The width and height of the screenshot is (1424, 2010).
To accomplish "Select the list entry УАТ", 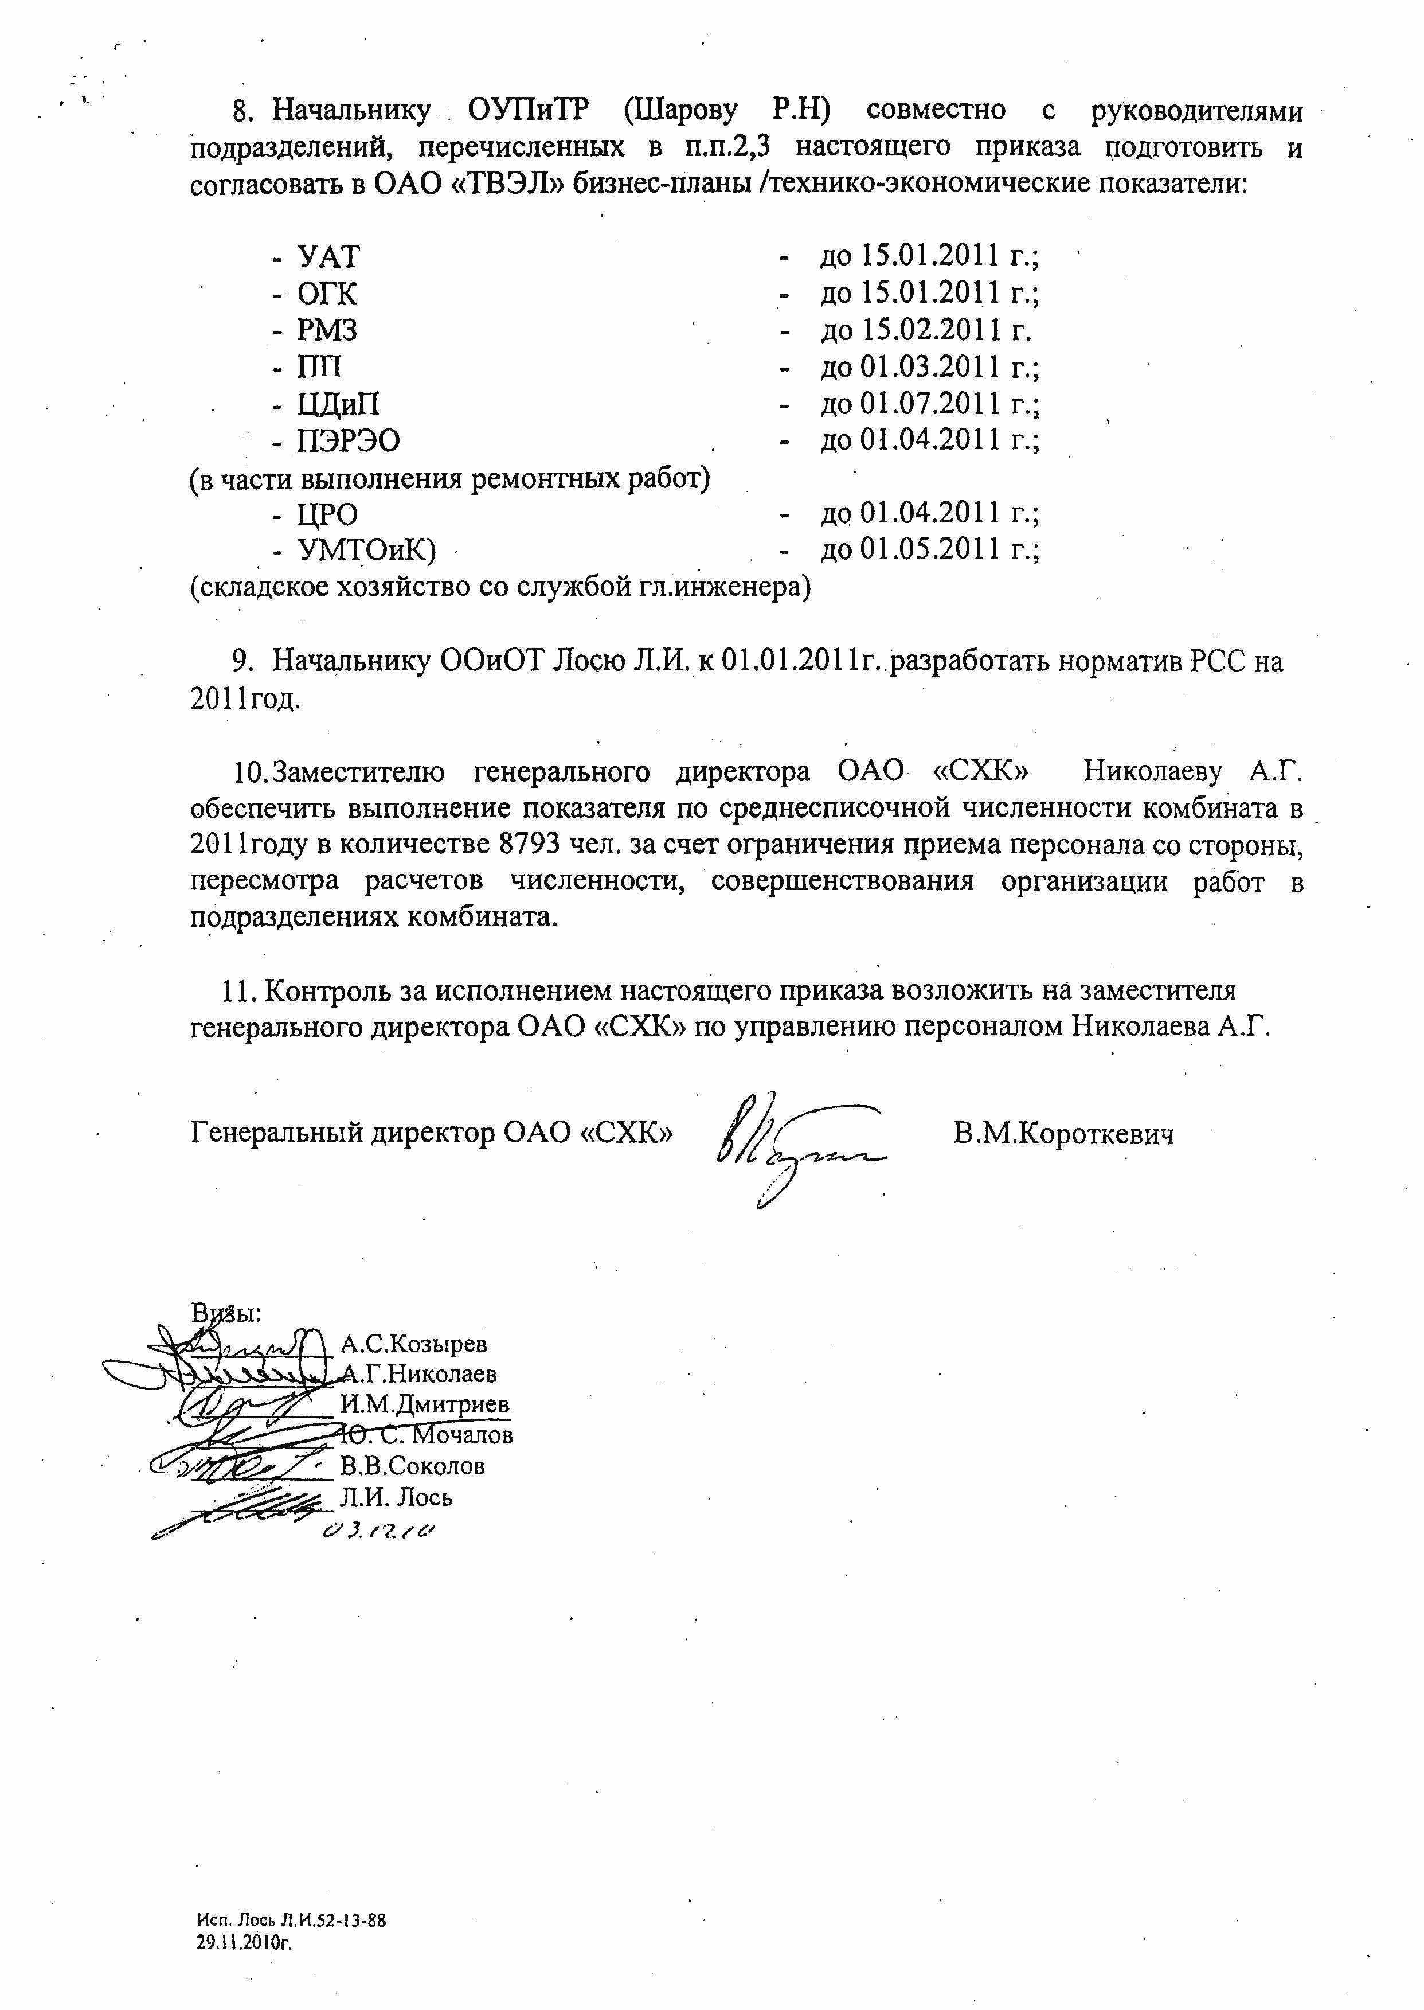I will point(328,257).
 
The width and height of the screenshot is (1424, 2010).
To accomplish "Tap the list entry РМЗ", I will point(327,331).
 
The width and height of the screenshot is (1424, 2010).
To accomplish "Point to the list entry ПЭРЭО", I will point(348,440).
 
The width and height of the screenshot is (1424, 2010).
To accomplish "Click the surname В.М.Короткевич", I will point(1063,1134).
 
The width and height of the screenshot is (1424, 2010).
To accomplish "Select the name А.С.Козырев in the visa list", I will point(414,1344).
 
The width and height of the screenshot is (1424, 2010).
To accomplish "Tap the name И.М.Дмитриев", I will point(424,1404).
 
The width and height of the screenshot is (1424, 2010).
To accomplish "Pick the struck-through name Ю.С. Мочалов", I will point(426,1435).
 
